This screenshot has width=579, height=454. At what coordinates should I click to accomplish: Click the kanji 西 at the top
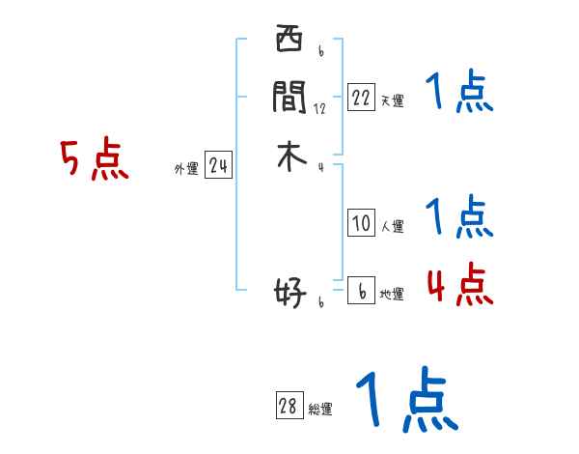coord(289,42)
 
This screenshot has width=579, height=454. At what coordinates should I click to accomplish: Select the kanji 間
coord(289,97)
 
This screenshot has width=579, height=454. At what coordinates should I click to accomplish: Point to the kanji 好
coord(289,291)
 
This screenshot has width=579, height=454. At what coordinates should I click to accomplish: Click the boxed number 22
coord(361,98)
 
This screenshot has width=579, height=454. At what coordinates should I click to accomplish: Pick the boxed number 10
coord(361,224)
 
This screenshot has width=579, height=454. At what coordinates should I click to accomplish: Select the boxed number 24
coord(218,167)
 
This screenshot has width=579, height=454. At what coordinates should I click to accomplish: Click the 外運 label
coord(186,169)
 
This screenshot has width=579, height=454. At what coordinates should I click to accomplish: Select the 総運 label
coord(320,410)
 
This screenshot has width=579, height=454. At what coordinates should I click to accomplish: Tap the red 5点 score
coord(94,159)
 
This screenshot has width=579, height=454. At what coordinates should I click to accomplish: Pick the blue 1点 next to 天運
coord(459,94)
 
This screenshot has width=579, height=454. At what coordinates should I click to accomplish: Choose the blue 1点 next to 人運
coord(459,216)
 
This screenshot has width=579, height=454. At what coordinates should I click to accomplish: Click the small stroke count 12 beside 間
coord(319,108)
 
